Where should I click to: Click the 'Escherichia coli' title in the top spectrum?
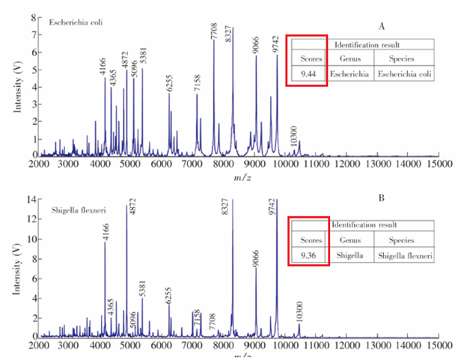tap(76, 22)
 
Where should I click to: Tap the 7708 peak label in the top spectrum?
tap(214, 32)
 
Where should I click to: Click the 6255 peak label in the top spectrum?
tap(170, 83)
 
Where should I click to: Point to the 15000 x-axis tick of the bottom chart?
tap(439, 346)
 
